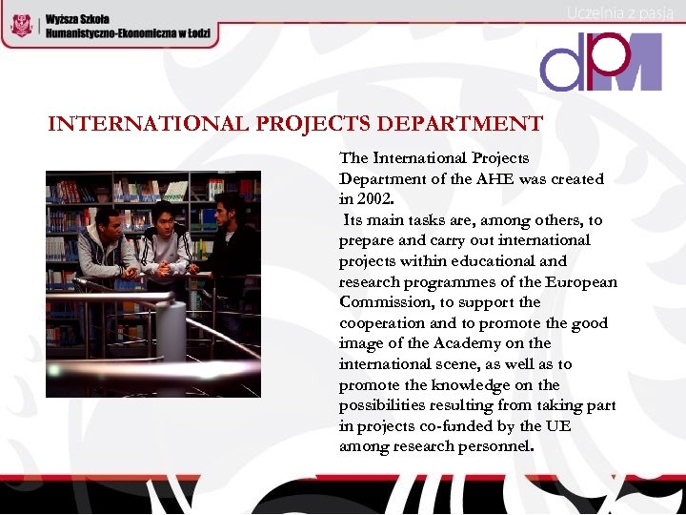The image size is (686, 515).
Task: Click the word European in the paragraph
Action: pyautogui.click(x=582, y=281)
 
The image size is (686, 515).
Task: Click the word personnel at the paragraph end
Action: pyautogui.click(x=491, y=446)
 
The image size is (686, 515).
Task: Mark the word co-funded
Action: pyautogui.click(x=448, y=425)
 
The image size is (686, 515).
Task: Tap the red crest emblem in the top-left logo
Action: pyautogui.click(x=20, y=26)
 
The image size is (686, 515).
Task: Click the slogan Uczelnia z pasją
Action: pyautogui.click(x=620, y=12)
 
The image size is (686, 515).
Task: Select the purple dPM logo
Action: pyautogui.click(x=600, y=62)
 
